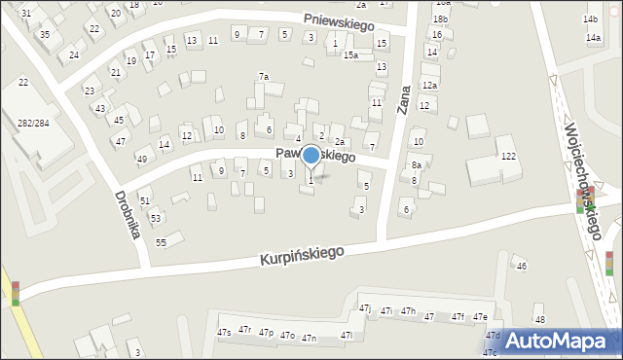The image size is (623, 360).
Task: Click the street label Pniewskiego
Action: [x=339, y=22]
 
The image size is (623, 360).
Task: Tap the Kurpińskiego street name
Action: [x=302, y=255]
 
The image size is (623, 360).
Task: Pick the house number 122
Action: [x=508, y=156]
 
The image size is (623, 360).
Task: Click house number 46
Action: [x=522, y=267]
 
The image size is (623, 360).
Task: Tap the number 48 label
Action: [x=539, y=320]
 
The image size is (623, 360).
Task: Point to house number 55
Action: [x=161, y=241]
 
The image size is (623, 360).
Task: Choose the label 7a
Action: [x=263, y=76]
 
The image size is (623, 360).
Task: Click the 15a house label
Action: [x=350, y=55]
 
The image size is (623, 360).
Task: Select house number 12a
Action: [x=429, y=86]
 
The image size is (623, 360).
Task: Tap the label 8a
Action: [x=416, y=165]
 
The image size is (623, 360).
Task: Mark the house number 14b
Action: [x=590, y=18]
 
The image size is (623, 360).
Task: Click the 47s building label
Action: [x=224, y=333]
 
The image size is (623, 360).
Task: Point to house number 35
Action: [x=45, y=34]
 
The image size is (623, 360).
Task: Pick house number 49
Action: [x=142, y=159]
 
